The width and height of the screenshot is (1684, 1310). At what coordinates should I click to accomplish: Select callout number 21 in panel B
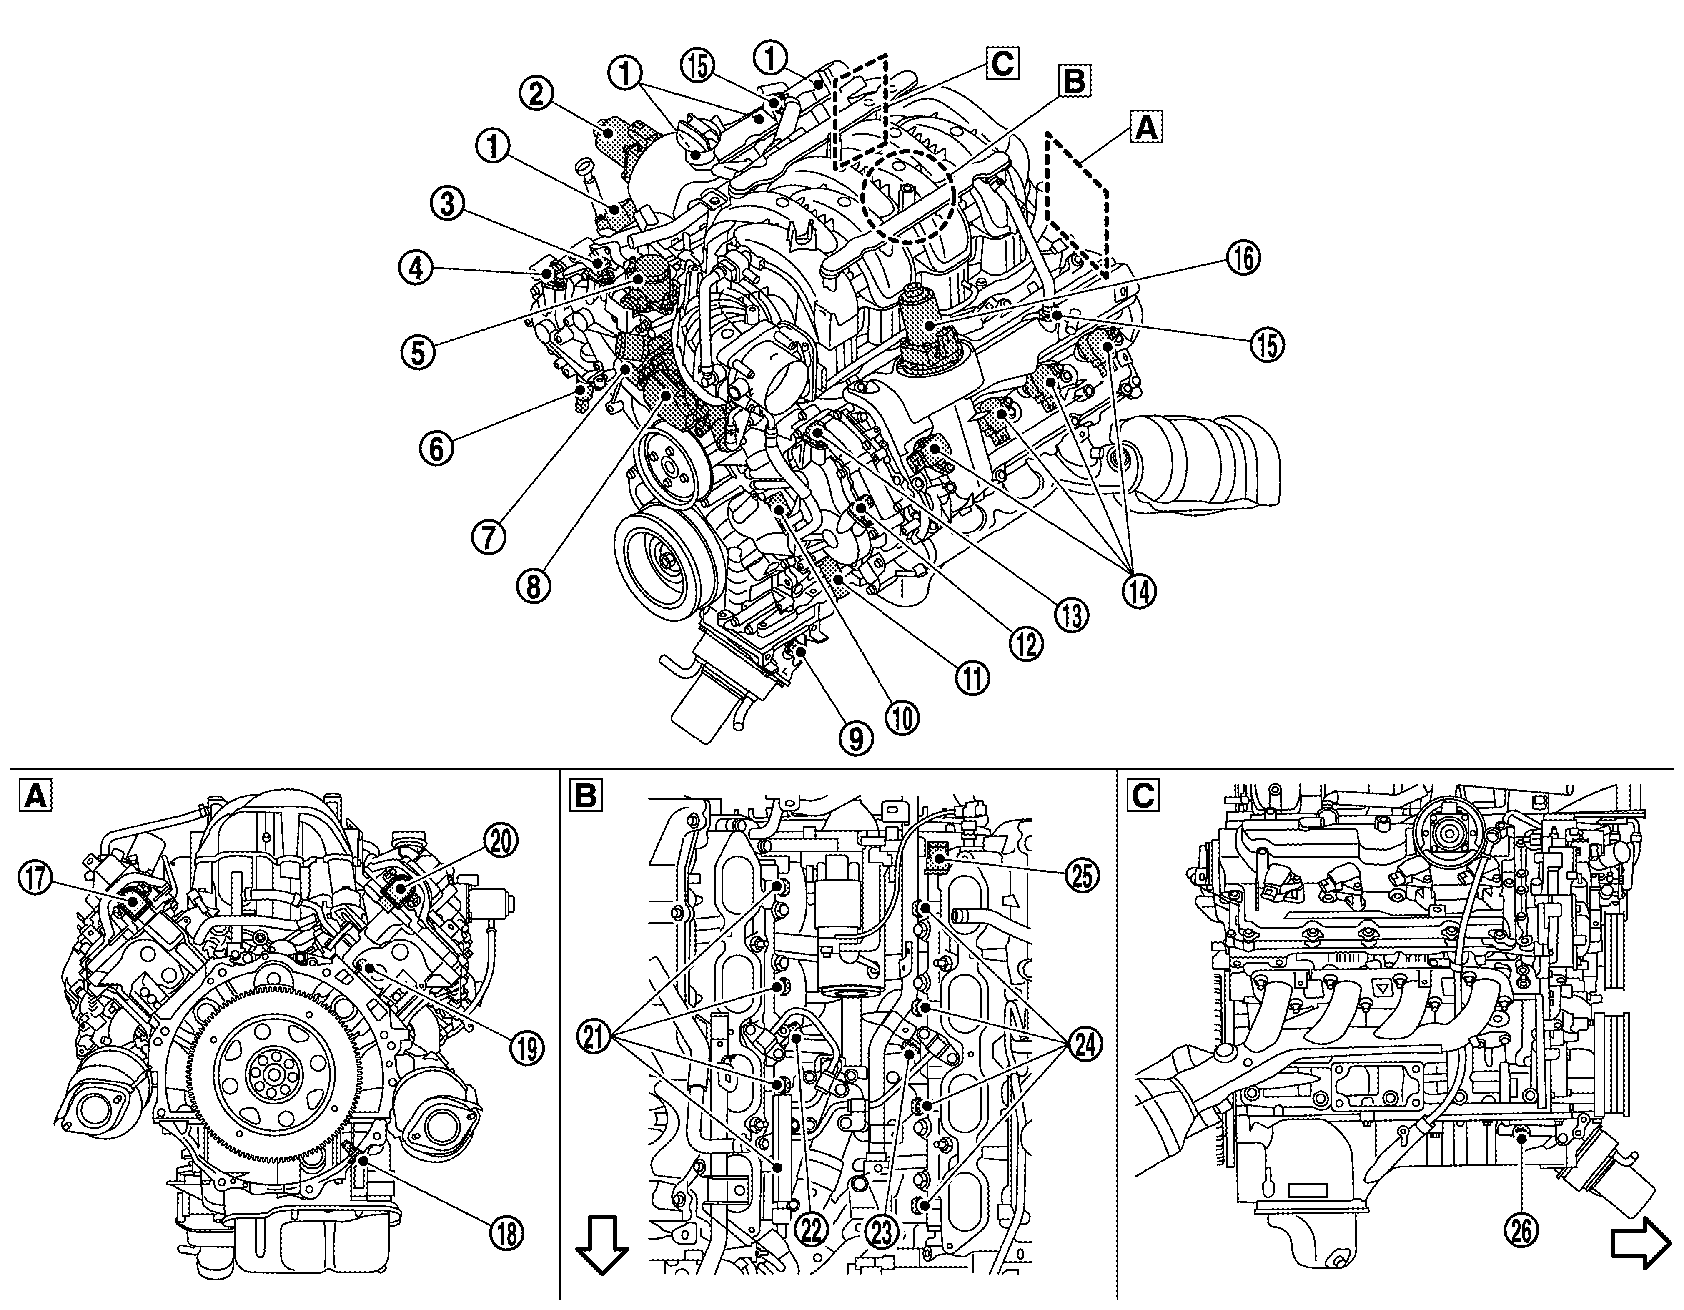tap(595, 1045)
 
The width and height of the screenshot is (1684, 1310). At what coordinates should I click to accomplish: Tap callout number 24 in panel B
tap(1086, 1045)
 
